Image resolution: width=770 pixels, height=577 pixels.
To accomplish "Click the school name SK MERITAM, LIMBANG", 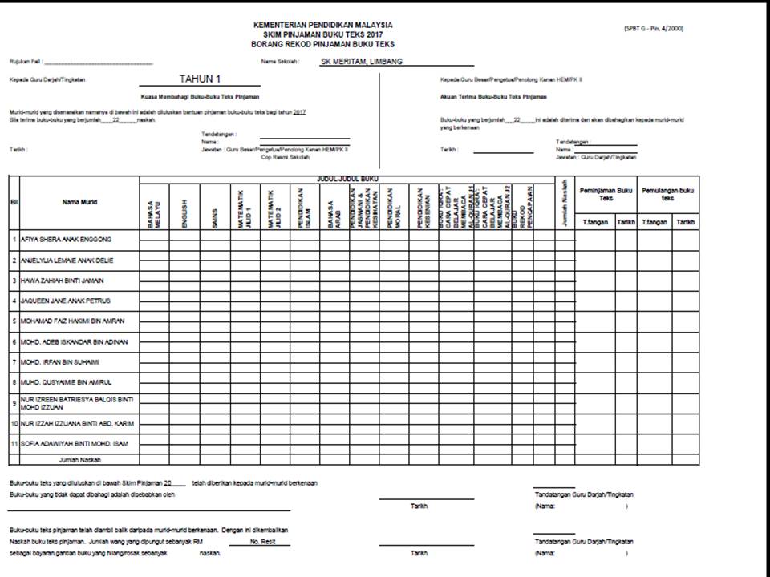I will tap(361, 61).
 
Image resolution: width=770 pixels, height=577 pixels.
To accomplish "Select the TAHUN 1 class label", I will tap(201, 79).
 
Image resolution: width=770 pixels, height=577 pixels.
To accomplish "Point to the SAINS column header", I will tap(215, 215).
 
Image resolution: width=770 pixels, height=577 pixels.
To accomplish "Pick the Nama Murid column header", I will tap(79, 202).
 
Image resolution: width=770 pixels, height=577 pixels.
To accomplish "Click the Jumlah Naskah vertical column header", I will tap(565, 202).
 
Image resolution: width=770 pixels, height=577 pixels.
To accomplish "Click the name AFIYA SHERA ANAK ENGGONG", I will tap(67, 239).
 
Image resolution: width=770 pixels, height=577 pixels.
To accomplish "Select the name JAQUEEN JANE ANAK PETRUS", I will tap(65, 301).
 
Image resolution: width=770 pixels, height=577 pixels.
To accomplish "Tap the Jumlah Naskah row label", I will tap(75, 461).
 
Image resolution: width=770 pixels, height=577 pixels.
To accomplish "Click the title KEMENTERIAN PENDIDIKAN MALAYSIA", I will tap(322, 26).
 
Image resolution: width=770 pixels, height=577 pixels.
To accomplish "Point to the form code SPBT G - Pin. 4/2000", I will tap(654, 29).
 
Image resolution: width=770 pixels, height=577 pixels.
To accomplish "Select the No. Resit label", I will tap(262, 543).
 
